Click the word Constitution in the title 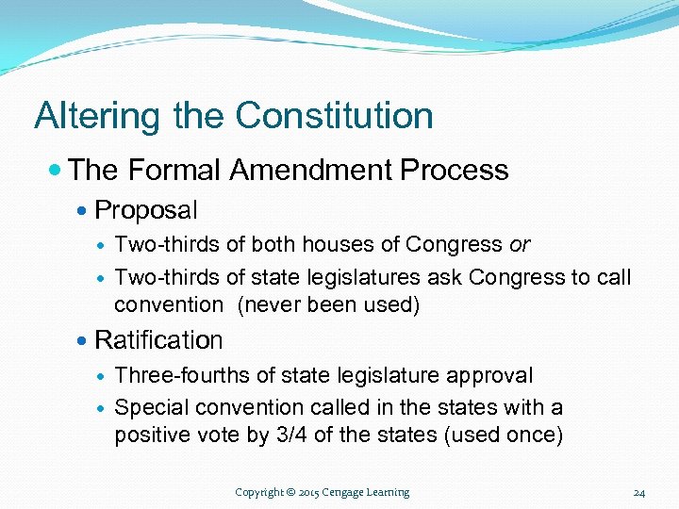coord(335,117)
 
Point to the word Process coord(455,171)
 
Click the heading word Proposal coord(146,209)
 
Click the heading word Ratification coord(158,339)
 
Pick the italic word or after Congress coord(520,245)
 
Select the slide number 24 coord(639,493)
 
